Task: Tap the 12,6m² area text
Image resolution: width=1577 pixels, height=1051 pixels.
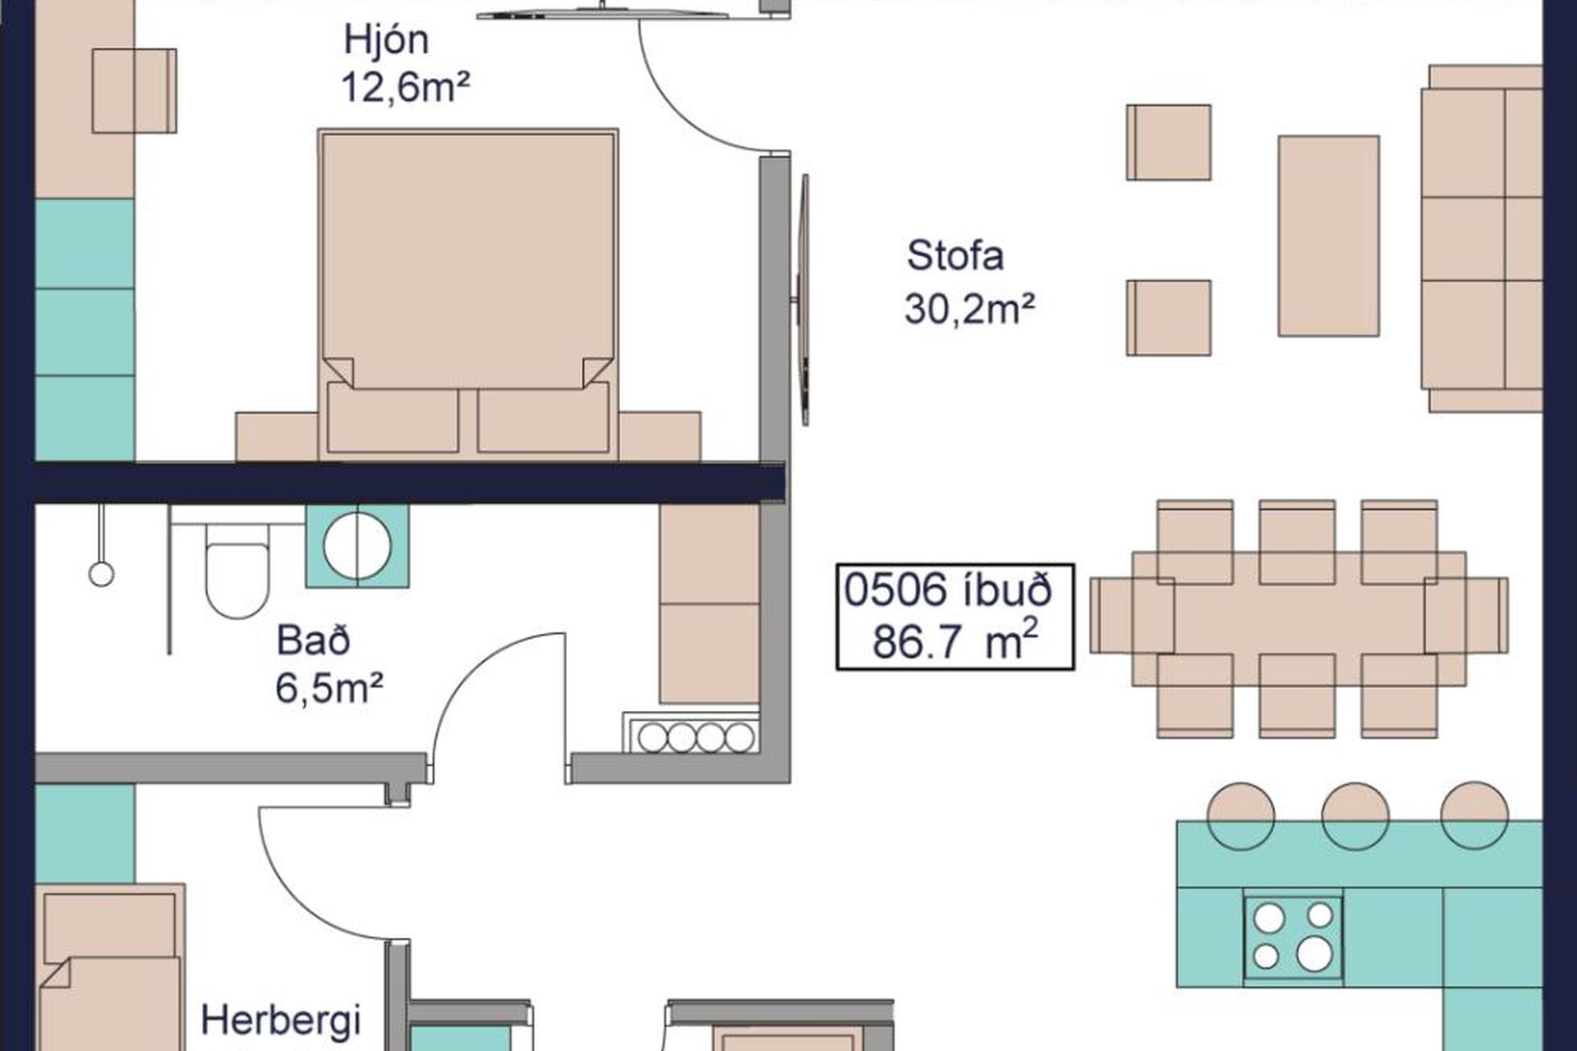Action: (405, 87)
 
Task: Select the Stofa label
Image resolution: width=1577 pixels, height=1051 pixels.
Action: (955, 255)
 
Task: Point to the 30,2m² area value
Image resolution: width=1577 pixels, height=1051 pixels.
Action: (969, 310)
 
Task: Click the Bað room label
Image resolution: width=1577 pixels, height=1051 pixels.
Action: (313, 640)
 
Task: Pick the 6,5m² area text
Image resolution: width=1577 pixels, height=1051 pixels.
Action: (329, 688)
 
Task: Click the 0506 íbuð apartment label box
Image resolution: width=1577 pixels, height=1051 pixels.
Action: (955, 617)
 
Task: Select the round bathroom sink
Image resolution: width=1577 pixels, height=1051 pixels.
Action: (357, 546)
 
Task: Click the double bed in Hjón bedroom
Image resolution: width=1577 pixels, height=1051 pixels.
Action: (468, 293)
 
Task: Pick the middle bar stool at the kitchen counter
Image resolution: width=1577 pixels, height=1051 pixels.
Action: (1355, 815)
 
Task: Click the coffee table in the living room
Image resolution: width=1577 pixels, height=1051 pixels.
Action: (1328, 236)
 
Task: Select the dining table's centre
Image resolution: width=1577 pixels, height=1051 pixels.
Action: (1299, 618)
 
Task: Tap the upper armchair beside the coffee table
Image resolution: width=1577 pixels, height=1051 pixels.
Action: (1168, 142)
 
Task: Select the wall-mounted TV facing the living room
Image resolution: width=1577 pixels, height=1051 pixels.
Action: (803, 300)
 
